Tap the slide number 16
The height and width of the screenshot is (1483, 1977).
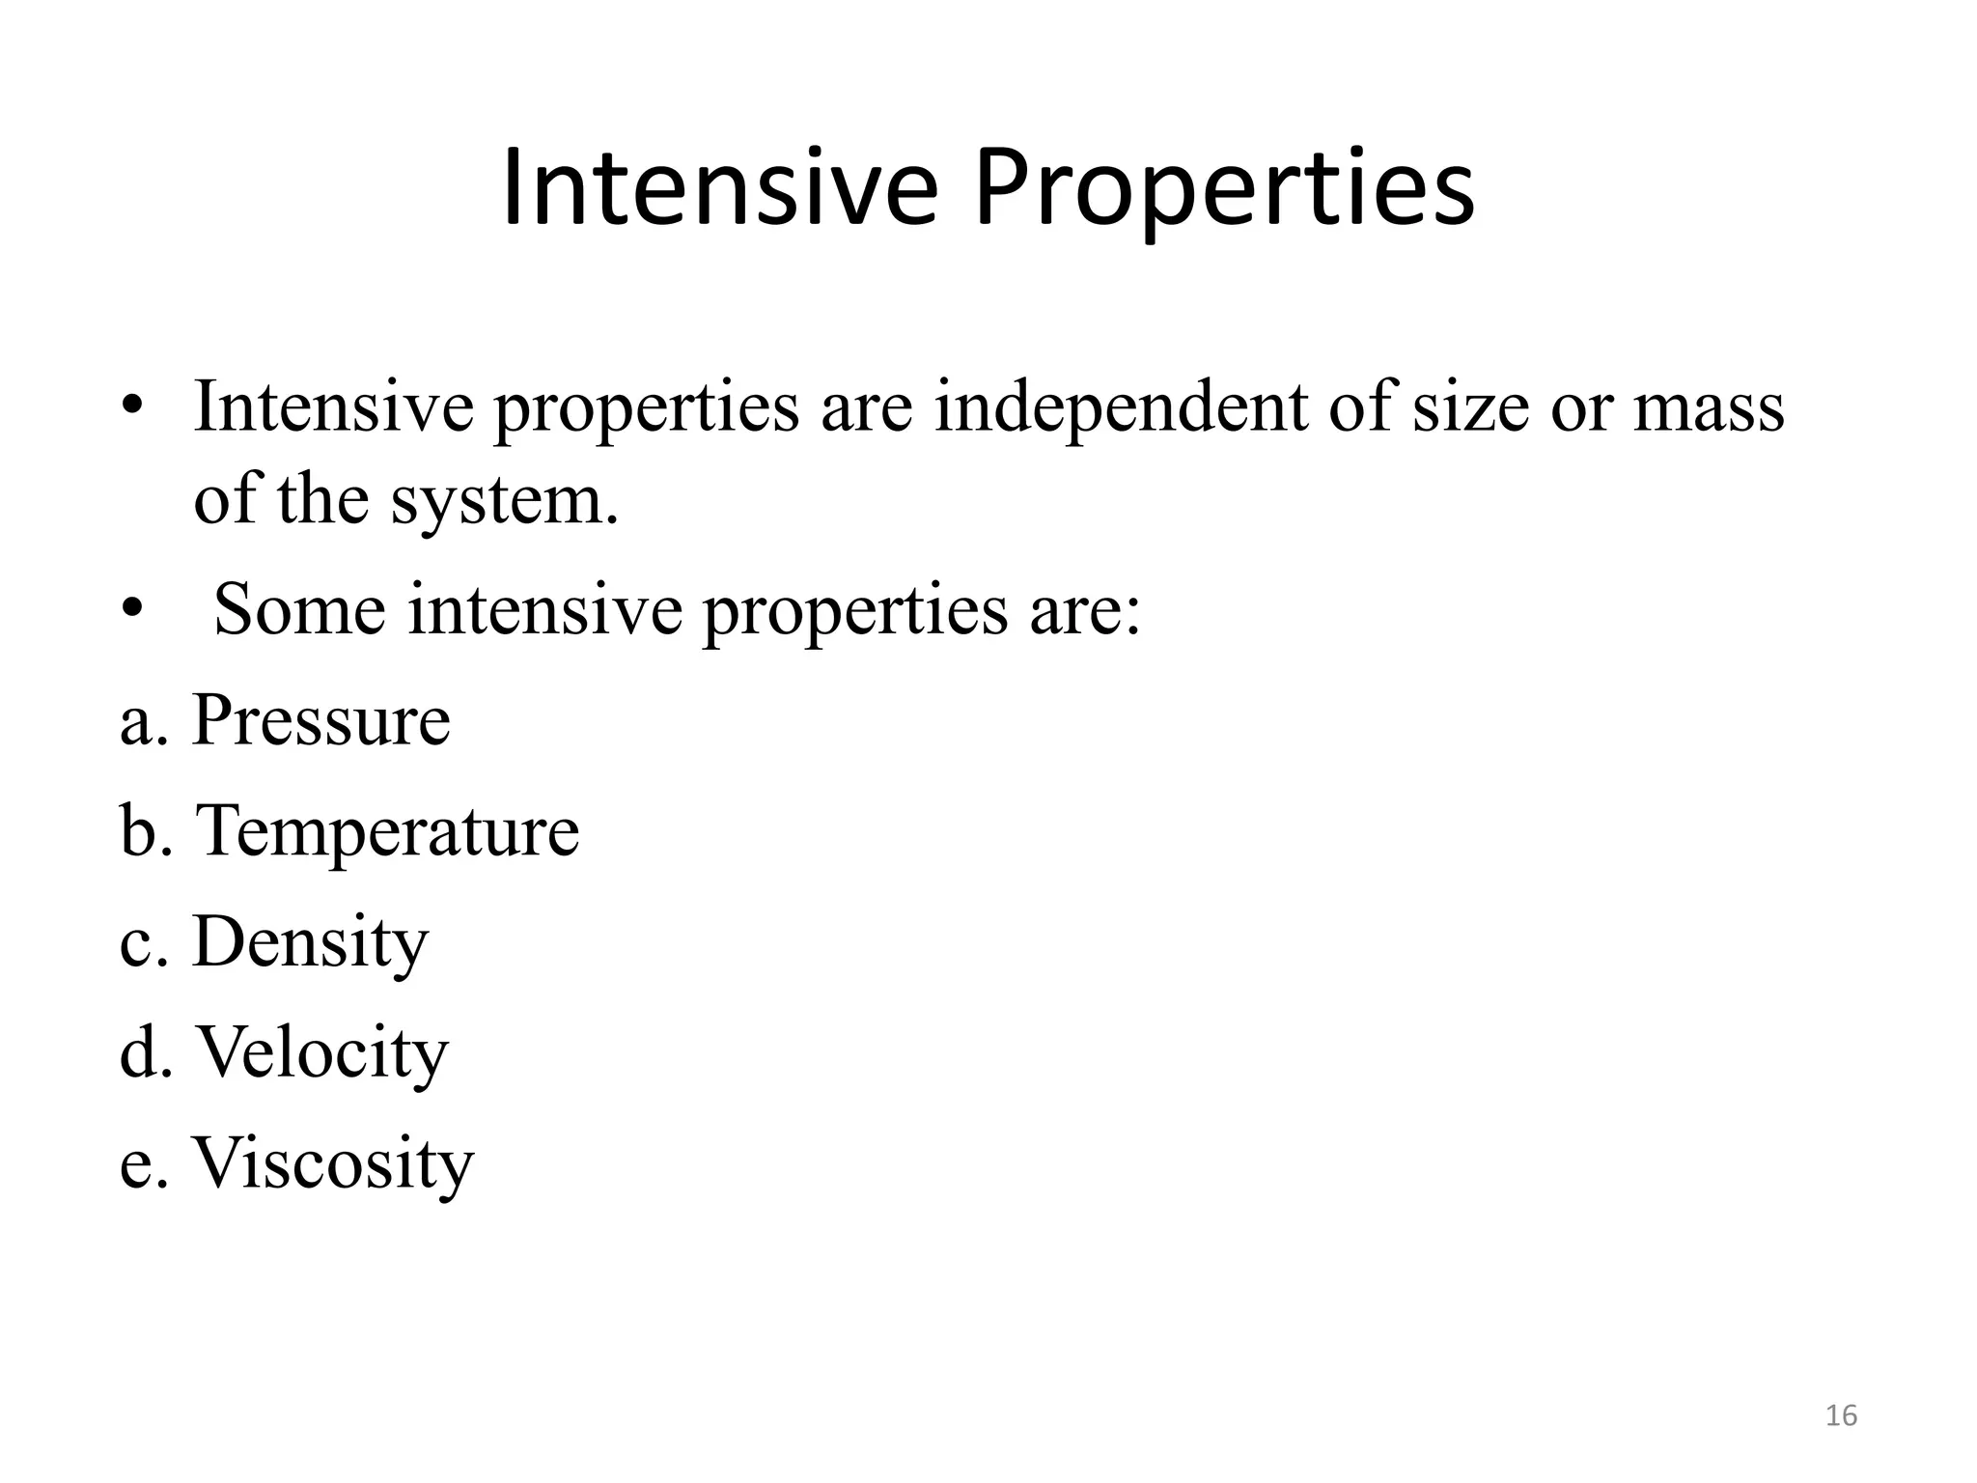tap(1841, 1415)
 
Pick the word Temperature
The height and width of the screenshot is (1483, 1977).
tap(387, 831)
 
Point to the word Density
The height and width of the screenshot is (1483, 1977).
tap(310, 942)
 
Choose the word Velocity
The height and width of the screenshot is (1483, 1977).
tap(322, 1052)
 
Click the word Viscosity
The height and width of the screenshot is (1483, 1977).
tap(333, 1163)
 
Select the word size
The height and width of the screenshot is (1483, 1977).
tap(1470, 407)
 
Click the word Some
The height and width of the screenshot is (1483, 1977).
tap(299, 610)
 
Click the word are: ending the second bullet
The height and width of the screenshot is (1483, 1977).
tap(1085, 612)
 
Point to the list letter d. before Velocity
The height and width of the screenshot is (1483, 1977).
tap(146, 1052)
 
